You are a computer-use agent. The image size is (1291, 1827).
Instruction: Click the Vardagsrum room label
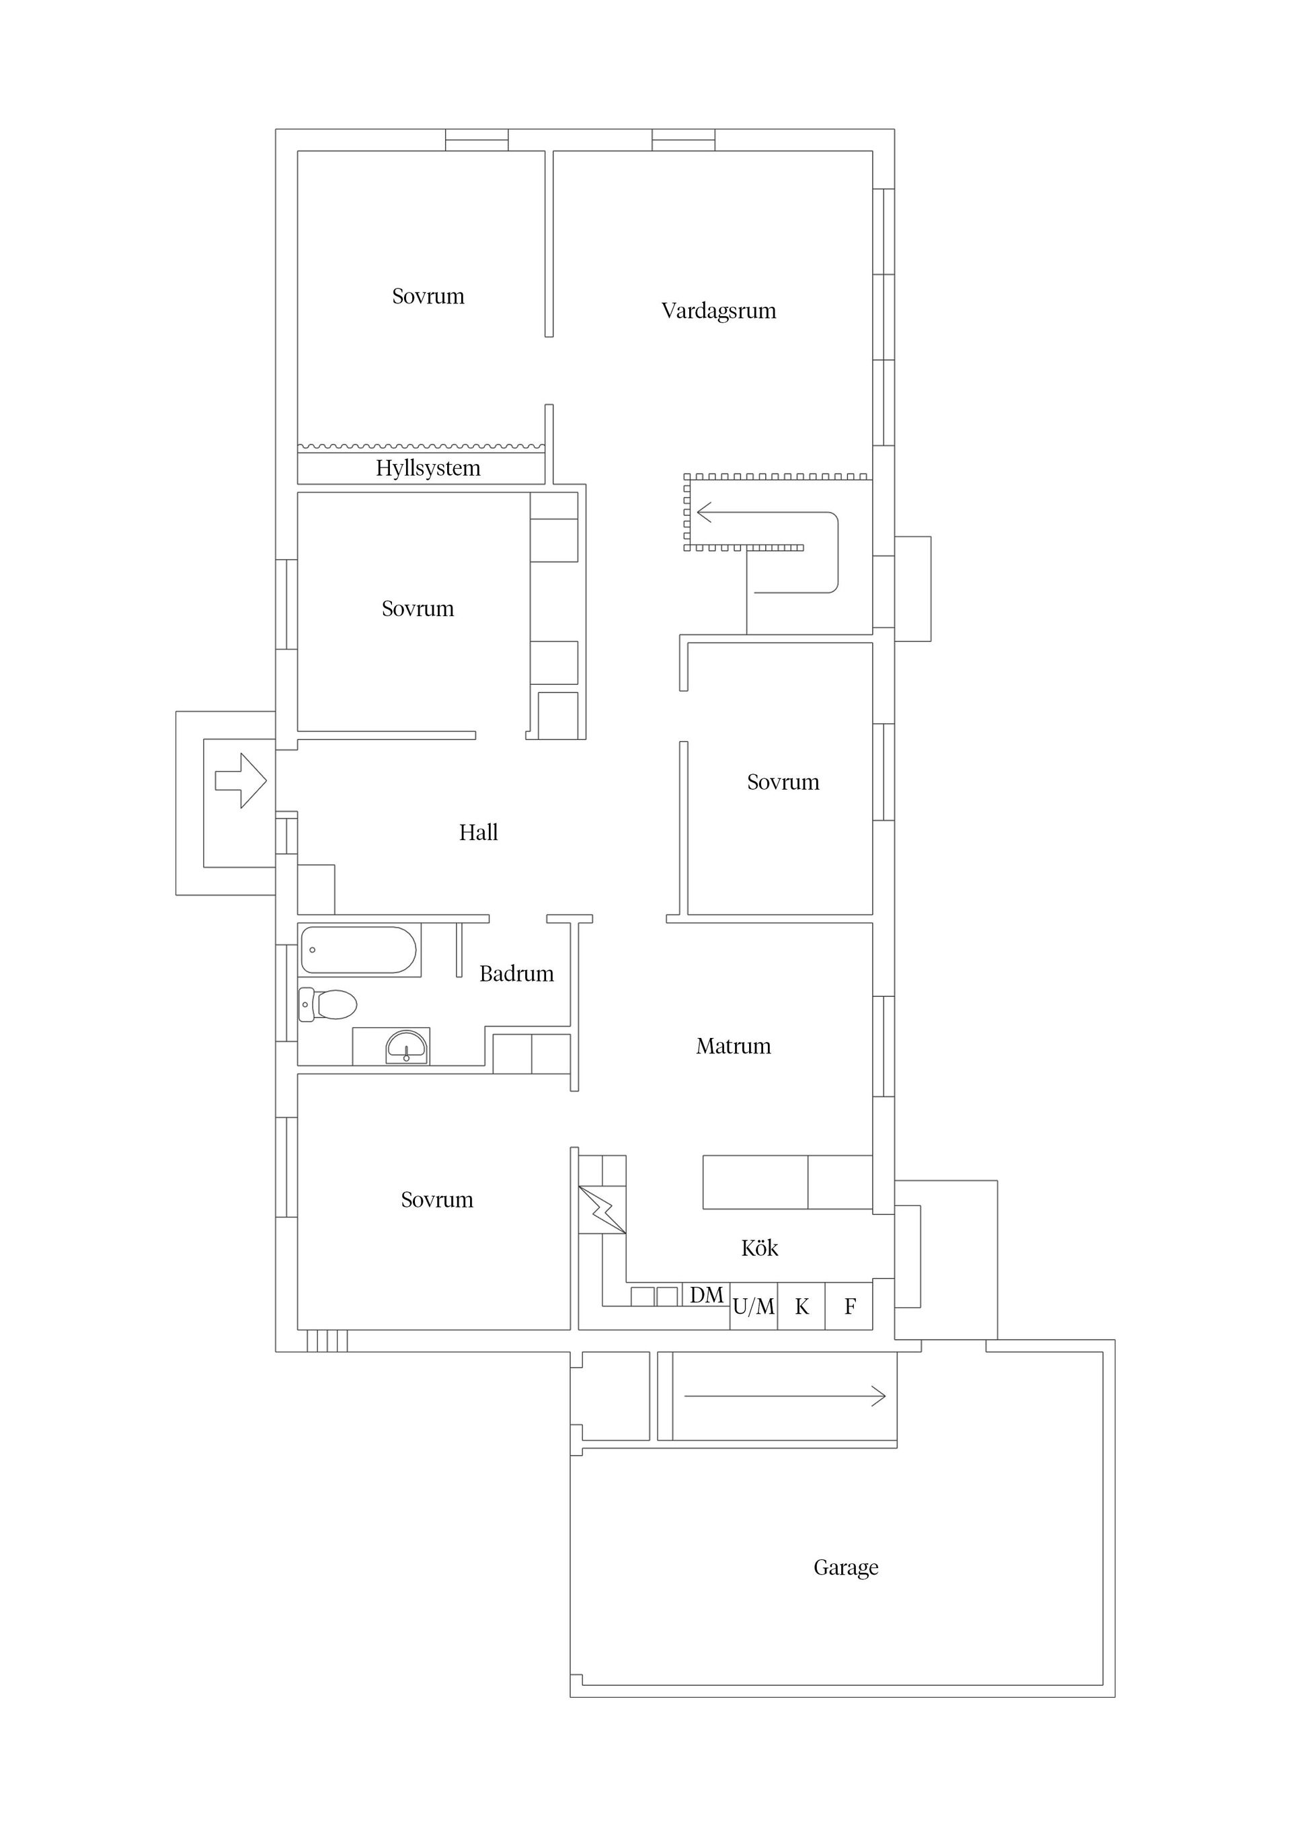[x=718, y=310]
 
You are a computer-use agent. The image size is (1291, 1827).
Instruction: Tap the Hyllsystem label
[x=428, y=468]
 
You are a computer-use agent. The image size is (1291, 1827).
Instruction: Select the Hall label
[x=478, y=832]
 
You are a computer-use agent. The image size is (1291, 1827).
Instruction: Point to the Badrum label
[x=516, y=973]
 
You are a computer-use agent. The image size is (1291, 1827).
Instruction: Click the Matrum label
[x=734, y=1045]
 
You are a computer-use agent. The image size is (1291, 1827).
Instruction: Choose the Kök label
[x=760, y=1248]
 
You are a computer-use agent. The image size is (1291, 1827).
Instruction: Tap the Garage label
[x=846, y=1567]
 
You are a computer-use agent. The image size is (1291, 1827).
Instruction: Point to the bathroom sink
[x=407, y=1047]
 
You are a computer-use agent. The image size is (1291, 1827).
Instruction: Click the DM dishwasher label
[x=706, y=1296]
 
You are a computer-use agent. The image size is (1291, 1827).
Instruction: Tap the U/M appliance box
[x=753, y=1306]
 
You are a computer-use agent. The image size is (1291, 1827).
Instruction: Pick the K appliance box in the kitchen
[x=801, y=1306]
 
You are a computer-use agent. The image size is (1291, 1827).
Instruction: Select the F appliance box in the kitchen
[x=849, y=1306]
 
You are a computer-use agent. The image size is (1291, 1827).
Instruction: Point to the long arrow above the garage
[x=784, y=1396]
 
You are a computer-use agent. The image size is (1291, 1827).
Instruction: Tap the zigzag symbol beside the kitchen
[x=602, y=1209]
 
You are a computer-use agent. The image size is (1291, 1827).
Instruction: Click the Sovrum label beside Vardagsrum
[x=428, y=296]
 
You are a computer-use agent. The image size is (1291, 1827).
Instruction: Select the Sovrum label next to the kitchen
[x=436, y=1199]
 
